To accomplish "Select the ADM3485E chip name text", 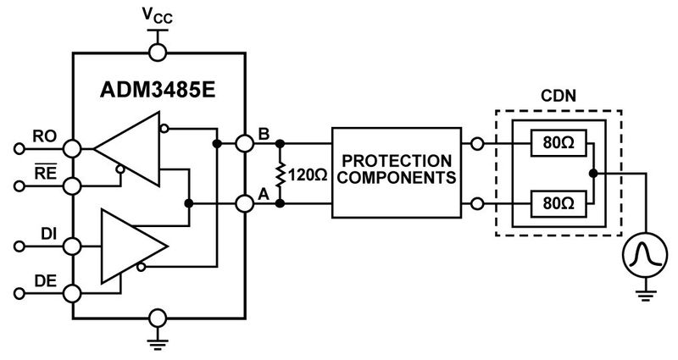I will pyautogui.click(x=158, y=88).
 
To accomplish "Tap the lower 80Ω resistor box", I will pyautogui.click(x=555, y=203).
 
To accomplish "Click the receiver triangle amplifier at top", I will pyautogui.click(x=127, y=149).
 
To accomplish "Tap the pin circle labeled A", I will pyautogui.click(x=244, y=203).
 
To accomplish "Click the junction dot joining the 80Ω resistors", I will pyautogui.click(x=594, y=173).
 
